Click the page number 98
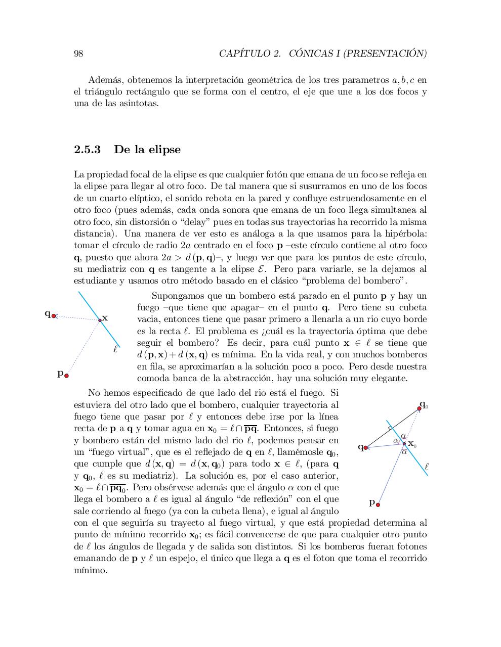[78, 54]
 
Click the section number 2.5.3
[87, 150]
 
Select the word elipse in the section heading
[162, 150]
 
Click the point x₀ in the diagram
[404, 443]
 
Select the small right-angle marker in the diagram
[390, 429]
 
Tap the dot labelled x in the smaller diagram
[100, 319]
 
